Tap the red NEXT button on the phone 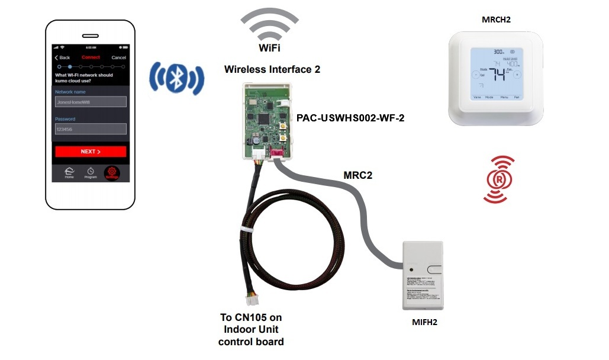(x=91, y=152)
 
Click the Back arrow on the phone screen (x=62, y=57)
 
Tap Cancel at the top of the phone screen (x=118, y=57)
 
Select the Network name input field (x=91, y=102)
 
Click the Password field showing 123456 (x=91, y=128)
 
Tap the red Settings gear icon (x=111, y=173)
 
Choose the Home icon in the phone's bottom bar (x=69, y=172)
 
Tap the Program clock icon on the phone (x=91, y=172)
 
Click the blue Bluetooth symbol (x=176, y=77)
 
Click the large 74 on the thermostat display (x=497, y=75)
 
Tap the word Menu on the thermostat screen (x=504, y=97)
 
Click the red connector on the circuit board (x=276, y=155)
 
